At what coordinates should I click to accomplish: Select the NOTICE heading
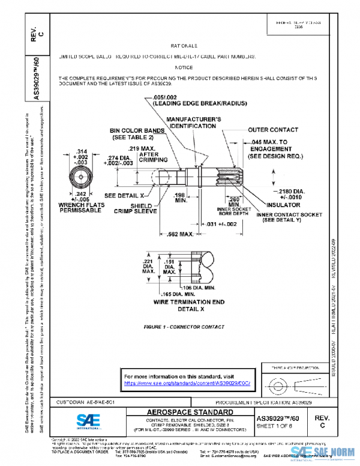click(x=184, y=67)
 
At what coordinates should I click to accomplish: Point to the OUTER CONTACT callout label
click(x=273, y=130)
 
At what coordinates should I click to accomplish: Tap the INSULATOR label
click(x=279, y=205)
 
